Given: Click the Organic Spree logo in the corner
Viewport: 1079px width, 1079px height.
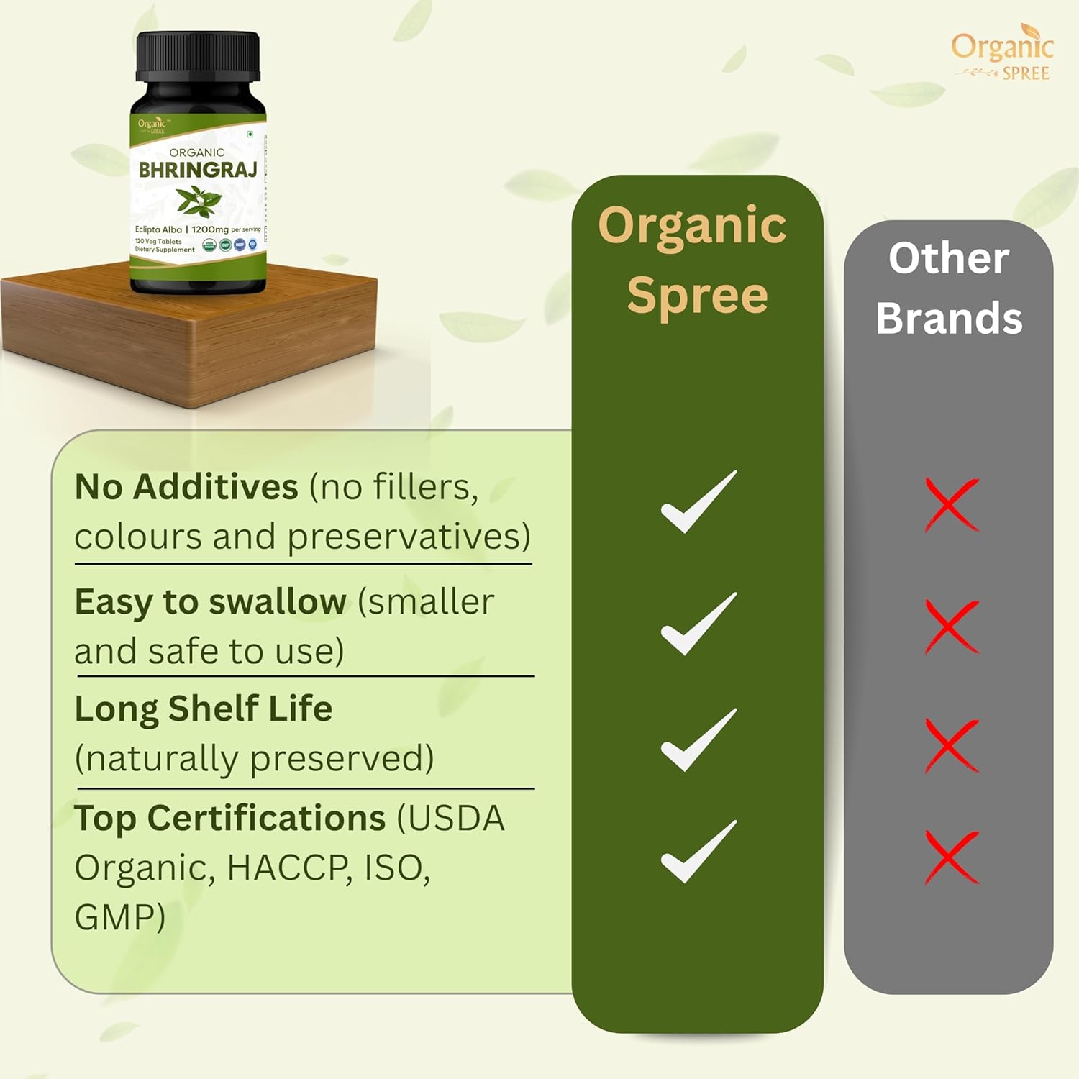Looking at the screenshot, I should pos(1002,54).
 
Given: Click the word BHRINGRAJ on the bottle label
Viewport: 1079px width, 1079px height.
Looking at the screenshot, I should pos(198,170).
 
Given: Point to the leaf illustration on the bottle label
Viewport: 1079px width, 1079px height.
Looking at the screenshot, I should pos(198,200).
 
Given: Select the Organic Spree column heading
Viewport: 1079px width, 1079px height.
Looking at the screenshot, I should pos(695,260).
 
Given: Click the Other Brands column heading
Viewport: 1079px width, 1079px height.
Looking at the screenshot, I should pos(949,288).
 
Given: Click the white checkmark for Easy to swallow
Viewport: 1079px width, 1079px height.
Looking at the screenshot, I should pos(698,624).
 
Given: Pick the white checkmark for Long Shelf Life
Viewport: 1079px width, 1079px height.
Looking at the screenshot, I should pos(698,740).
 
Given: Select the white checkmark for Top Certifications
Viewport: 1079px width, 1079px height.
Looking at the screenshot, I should pos(698,852).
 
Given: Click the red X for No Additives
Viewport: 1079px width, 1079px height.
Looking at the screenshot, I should pos(951,504).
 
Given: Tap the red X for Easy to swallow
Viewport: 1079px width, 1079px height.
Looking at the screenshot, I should pos(951,626).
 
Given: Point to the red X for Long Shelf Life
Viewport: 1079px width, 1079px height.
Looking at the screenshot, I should pos(951,745).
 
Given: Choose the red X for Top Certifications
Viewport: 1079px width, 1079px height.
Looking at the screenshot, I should pos(951,857).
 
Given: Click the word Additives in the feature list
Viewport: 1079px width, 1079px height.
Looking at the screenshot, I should pos(215,487).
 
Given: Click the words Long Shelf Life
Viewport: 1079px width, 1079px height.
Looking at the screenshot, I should pos(204,709).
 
